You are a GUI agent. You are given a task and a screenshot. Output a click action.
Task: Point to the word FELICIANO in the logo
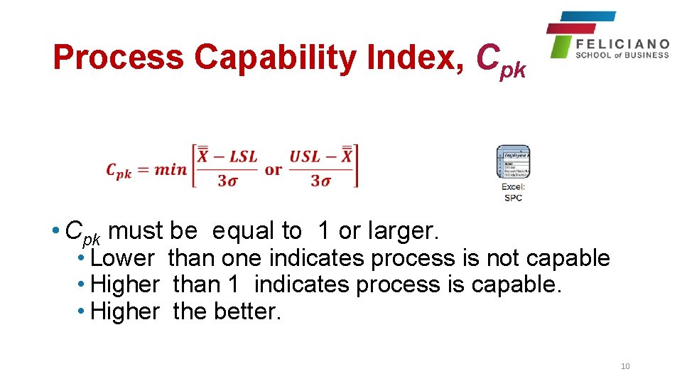[x=622, y=44]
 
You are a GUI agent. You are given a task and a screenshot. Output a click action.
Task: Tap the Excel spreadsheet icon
[x=513, y=163]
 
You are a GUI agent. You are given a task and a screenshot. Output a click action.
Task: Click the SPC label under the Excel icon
[x=513, y=198]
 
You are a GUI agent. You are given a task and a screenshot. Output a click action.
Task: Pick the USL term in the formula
[x=305, y=156]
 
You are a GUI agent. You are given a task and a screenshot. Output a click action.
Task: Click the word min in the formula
[x=169, y=169]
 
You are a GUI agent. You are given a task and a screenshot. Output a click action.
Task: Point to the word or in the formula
[x=274, y=169]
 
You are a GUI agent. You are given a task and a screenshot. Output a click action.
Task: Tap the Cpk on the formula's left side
[x=119, y=171]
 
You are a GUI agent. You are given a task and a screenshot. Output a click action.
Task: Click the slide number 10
[x=625, y=366]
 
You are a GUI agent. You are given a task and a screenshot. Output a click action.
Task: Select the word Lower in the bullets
[x=122, y=257]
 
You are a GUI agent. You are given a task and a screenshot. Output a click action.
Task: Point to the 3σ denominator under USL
[x=320, y=181]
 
